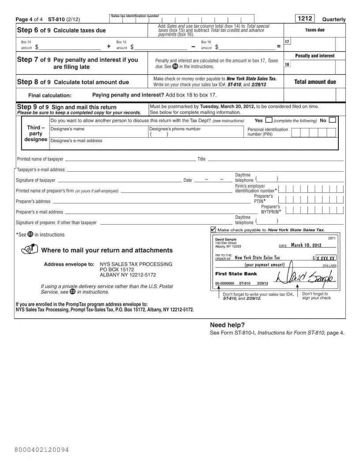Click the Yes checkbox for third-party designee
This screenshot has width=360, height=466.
point(269,120)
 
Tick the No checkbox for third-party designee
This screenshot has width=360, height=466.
point(332,120)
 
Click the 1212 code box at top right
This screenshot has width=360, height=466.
point(305,19)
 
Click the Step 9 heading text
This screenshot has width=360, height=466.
point(67,107)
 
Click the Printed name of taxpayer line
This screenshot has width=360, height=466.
point(130,160)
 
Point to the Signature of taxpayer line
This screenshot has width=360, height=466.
point(120,180)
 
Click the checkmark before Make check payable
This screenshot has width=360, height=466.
point(214,230)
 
